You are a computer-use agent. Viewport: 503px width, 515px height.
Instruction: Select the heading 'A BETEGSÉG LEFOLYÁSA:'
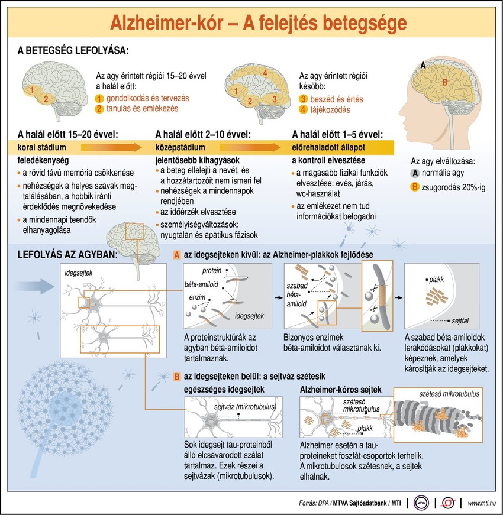(x=73, y=50)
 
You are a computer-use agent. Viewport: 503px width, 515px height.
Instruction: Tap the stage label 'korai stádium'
(x=41, y=147)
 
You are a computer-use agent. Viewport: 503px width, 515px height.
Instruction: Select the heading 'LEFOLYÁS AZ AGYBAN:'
(x=67, y=255)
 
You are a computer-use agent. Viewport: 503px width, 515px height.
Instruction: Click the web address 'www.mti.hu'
(x=482, y=503)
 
